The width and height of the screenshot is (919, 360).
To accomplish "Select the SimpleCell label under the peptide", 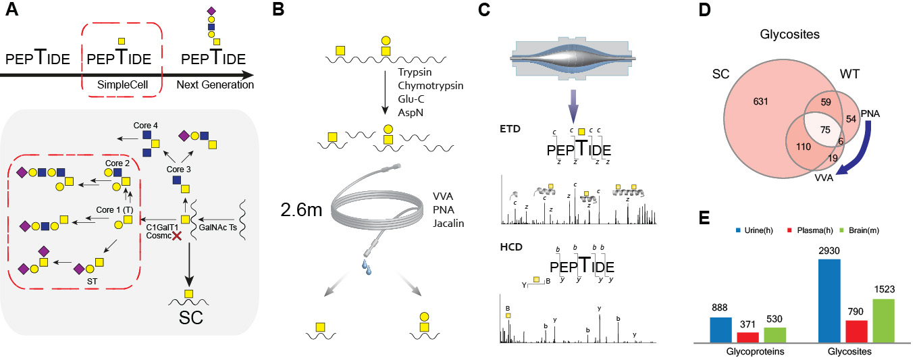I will tap(122, 84).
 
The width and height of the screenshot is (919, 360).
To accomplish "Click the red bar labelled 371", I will tap(747, 337).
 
